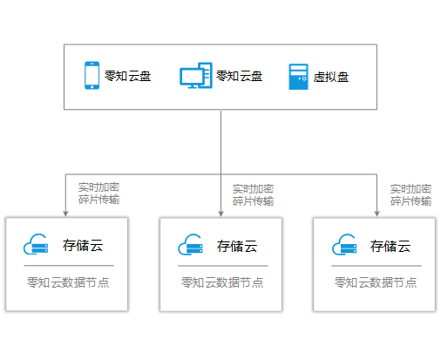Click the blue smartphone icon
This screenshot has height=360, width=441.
[92, 75]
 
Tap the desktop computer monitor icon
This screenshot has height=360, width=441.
[196, 75]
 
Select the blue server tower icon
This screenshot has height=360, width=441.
[298, 77]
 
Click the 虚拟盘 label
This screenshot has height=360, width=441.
[331, 77]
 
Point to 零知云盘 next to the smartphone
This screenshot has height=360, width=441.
[128, 76]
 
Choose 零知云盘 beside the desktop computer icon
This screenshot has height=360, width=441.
[240, 76]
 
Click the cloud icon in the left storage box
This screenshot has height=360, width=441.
[36, 244]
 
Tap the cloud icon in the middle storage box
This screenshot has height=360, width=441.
[190, 245]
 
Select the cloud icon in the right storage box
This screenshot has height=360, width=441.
[344, 245]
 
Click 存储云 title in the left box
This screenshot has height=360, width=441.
[83, 245]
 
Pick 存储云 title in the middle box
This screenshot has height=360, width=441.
[237, 246]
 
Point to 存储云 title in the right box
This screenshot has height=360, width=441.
[390, 246]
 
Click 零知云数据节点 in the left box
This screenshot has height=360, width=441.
[68, 282]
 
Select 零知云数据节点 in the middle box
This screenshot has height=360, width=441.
[222, 282]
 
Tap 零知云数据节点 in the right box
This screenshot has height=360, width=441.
[376, 282]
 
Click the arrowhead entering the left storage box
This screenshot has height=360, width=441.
[65, 214]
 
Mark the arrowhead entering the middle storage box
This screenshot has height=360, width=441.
[220, 214]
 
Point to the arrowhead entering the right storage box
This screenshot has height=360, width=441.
[377, 214]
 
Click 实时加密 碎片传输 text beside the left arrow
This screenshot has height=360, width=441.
[98, 194]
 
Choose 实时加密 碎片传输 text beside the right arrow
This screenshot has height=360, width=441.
[410, 195]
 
